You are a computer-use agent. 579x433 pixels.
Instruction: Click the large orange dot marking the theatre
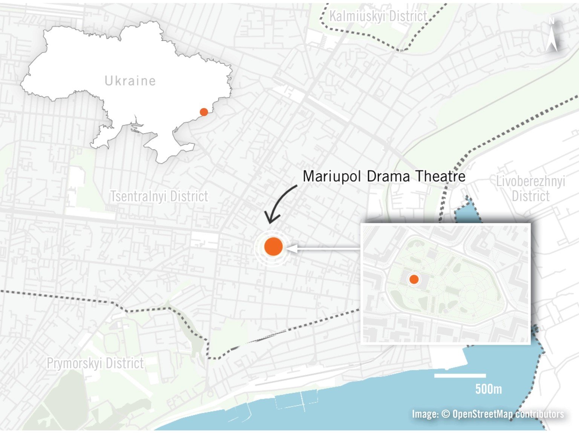click(x=273, y=247)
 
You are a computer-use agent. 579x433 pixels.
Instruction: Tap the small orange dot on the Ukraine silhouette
click(x=204, y=112)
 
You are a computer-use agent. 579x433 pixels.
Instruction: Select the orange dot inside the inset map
click(x=414, y=279)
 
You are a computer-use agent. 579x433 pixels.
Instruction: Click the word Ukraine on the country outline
click(x=130, y=81)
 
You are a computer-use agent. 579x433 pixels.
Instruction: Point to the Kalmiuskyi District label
click(x=378, y=17)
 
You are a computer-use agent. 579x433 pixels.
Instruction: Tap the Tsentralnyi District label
click(x=159, y=197)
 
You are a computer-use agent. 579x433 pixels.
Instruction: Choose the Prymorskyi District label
click(x=95, y=363)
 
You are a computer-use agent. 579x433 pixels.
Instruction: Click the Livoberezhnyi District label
click(x=530, y=189)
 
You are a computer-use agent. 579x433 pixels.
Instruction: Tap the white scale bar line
click(x=460, y=376)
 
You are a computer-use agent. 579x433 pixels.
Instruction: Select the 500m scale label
click(x=488, y=389)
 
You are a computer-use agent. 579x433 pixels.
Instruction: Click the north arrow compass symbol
click(x=552, y=36)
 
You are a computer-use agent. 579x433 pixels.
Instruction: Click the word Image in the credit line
click(x=424, y=414)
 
